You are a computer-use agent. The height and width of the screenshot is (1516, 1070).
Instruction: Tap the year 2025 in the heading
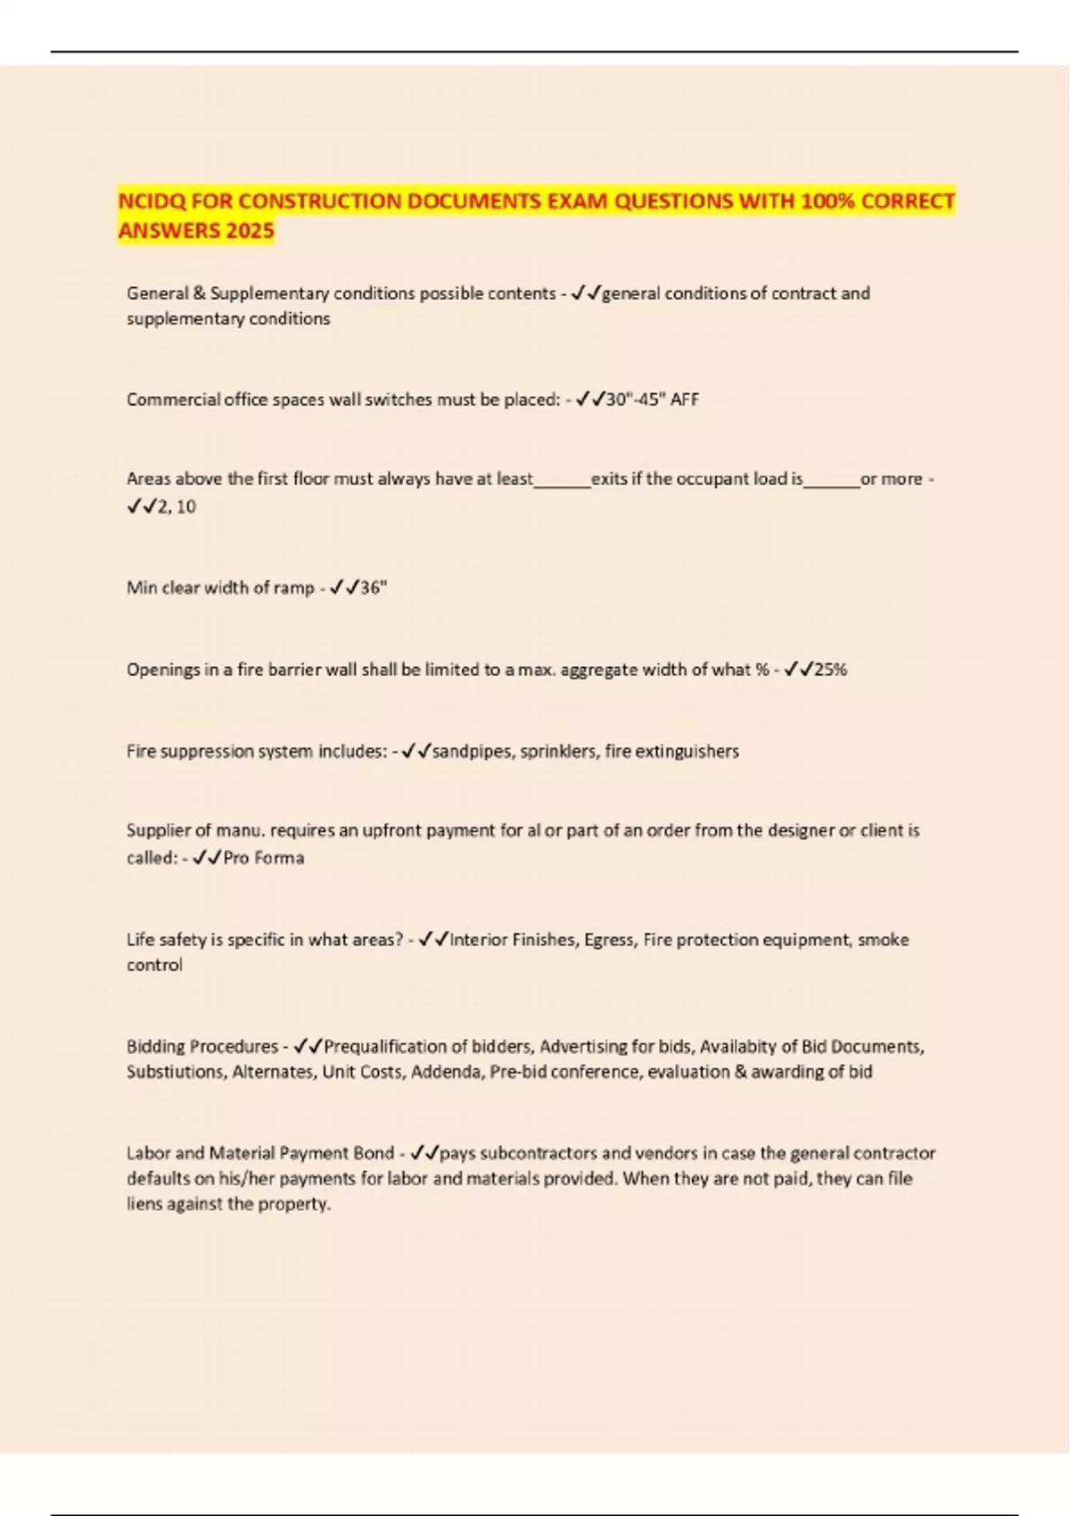click(250, 231)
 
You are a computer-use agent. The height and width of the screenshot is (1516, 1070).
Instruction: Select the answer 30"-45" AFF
click(652, 400)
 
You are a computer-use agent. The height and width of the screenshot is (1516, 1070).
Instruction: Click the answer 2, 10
click(176, 507)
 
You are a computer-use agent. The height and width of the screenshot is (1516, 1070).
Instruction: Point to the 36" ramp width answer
click(374, 588)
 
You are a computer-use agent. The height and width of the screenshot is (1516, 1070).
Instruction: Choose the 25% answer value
click(830, 670)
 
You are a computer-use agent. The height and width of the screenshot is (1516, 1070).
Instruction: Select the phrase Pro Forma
click(263, 858)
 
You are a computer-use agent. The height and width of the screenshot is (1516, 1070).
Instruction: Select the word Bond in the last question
click(374, 1153)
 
